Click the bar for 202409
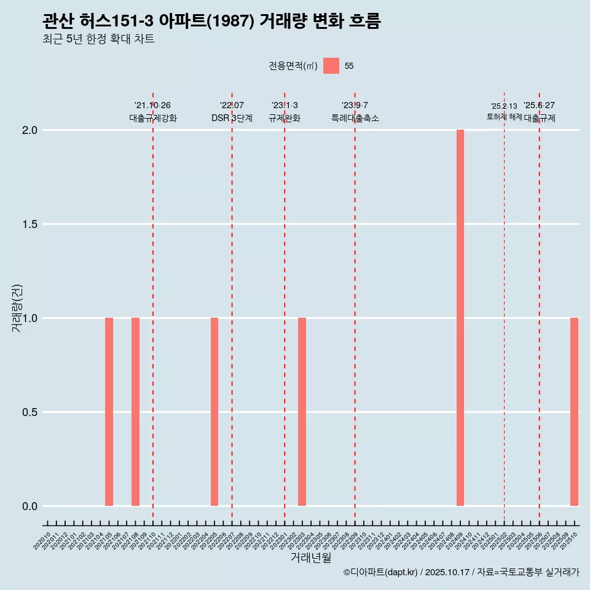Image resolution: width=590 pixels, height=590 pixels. point(460,318)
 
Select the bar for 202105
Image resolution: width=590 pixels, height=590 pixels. point(109,412)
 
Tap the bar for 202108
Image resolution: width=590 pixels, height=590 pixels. point(135,412)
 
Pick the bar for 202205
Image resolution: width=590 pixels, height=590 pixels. point(214,412)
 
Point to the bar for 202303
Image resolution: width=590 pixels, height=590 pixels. point(302,412)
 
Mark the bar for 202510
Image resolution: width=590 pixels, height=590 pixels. point(574,412)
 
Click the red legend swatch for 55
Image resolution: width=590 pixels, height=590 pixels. point(331,66)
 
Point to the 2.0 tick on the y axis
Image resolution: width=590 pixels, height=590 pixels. point(30,130)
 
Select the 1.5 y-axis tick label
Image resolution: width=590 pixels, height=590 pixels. point(30,224)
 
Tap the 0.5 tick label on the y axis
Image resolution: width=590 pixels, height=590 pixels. point(30,412)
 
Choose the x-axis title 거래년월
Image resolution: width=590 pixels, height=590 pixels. point(310,558)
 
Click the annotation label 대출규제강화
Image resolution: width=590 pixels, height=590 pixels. point(153,118)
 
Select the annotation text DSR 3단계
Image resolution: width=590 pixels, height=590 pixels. point(232,118)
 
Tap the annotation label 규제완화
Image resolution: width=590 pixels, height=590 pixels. point(285,118)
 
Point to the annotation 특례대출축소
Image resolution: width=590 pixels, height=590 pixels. point(355,118)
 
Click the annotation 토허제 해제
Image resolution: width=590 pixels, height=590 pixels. point(504,116)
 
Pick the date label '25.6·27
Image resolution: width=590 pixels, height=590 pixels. point(539,105)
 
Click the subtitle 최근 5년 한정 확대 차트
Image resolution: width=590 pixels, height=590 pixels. point(98,39)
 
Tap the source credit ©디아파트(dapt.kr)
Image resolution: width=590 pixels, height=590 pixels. point(380,572)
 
